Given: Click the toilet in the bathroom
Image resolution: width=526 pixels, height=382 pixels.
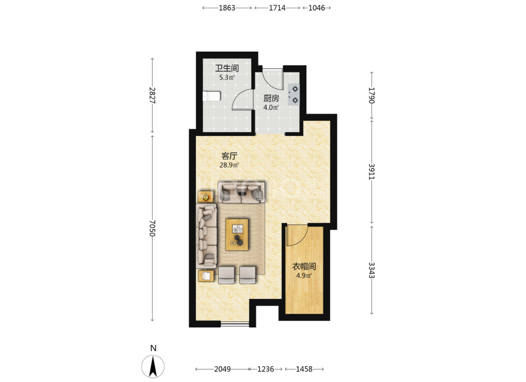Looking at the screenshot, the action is (x=212, y=96).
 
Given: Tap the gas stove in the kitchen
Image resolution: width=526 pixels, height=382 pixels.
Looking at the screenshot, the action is (x=294, y=95).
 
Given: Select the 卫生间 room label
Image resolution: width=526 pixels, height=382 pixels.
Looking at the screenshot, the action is (x=227, y=68).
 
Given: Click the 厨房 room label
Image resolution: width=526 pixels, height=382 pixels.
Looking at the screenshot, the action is (x=271, y=98).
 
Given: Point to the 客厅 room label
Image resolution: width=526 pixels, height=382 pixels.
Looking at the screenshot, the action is (x=229, y=156).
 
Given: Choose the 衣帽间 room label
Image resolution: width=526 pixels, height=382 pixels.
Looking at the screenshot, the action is (x=304, y=266).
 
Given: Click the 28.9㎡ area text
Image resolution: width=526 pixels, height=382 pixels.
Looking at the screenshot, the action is (x=229, y=165).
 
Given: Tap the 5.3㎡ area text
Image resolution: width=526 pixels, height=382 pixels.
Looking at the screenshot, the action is (x=227, y=78).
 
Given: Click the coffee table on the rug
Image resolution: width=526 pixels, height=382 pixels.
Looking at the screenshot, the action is (x=237, y=235).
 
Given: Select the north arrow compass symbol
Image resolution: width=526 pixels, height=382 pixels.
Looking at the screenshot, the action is (x=153, y=366).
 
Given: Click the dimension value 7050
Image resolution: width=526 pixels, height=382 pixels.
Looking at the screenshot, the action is (x=152, y=228).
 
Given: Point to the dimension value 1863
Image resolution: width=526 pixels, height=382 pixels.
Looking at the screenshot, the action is (x=227, y=8).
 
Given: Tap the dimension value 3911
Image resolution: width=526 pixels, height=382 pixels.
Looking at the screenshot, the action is (x=372, y=171).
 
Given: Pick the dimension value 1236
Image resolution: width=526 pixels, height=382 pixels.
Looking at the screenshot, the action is (x=266, y=369).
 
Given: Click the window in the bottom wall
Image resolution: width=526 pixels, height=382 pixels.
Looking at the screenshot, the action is (x=235, y=324).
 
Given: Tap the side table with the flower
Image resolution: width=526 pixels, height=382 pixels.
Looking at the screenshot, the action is (x=206, y=197).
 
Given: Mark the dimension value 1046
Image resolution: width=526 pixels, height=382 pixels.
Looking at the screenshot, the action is (x=316, y=8).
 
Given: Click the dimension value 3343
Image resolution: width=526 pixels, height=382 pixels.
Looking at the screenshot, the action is (x=372, y=270).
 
